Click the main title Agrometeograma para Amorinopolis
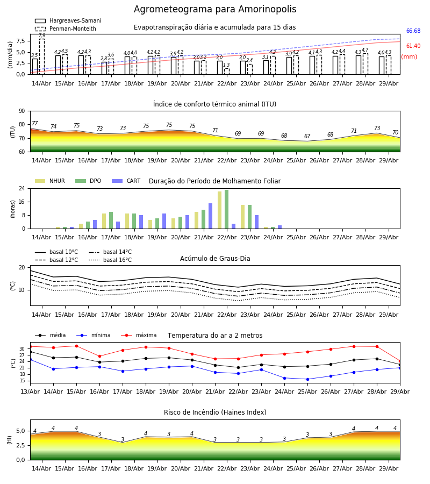215,9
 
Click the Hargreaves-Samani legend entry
68,20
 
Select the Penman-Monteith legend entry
66,29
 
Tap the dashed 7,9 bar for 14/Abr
42,56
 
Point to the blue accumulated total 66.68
413,31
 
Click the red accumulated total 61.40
413,46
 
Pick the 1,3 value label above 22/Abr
226,65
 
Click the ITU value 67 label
307,136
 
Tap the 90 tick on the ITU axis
22,111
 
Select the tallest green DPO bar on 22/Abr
227,209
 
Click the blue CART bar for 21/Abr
210,216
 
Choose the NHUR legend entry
50,181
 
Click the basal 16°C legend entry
110,260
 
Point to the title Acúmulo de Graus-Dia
215,259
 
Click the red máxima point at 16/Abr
99,356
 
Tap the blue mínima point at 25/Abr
307,379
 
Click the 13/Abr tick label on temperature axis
30,392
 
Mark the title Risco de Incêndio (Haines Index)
215,412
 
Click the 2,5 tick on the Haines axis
21,445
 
